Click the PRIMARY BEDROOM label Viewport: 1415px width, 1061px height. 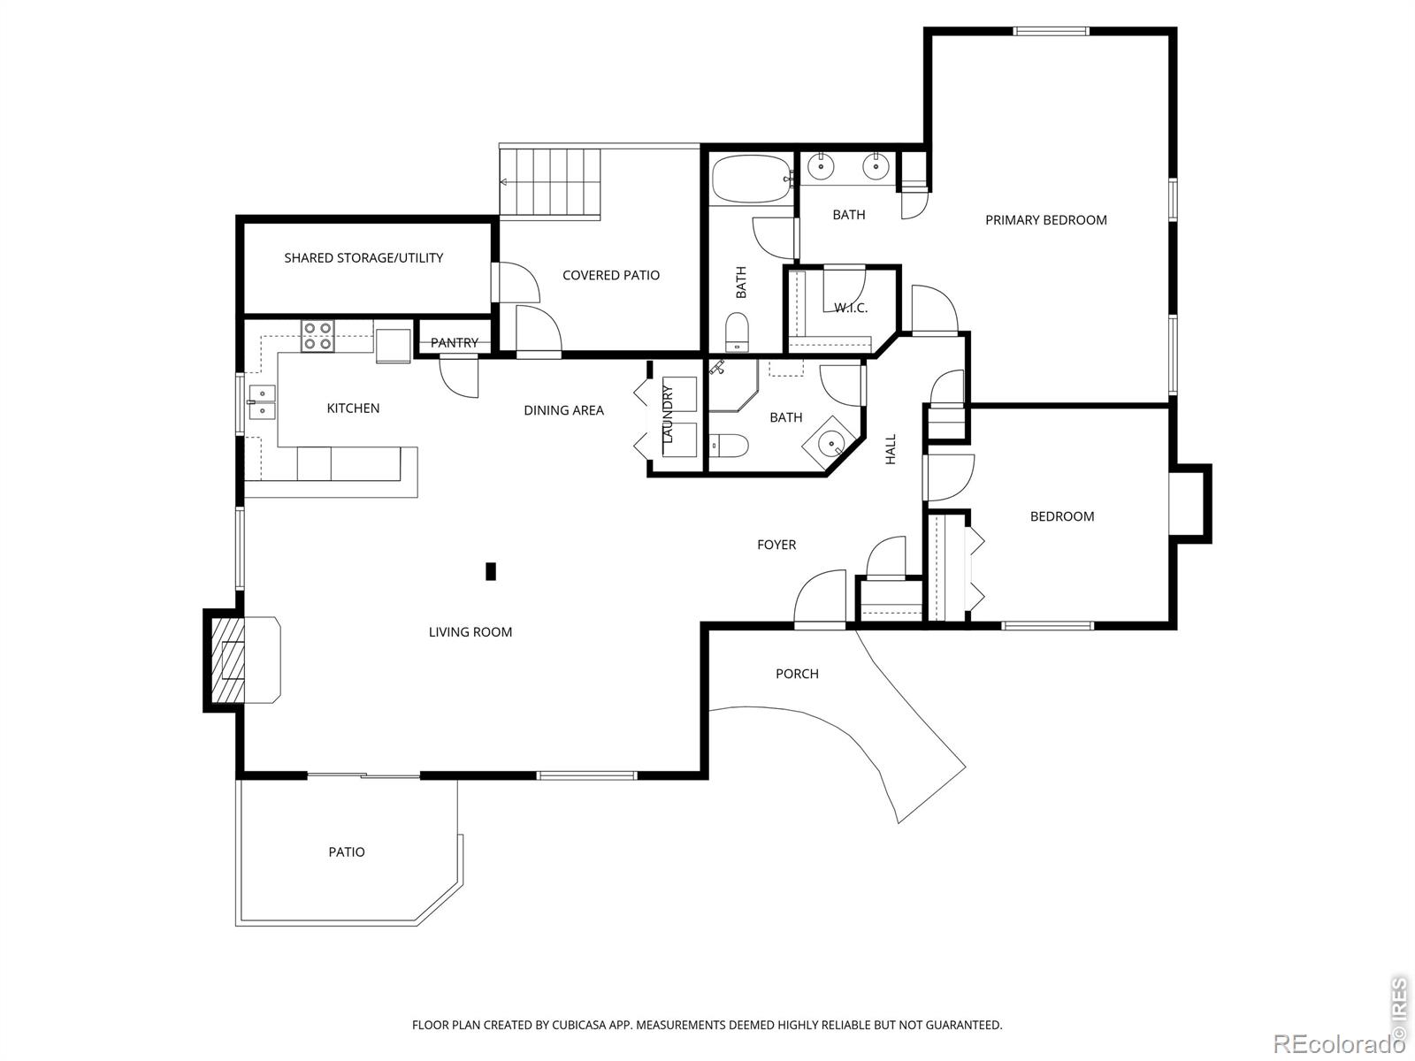pos(1045,220)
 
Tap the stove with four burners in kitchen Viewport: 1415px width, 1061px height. pos(317,336)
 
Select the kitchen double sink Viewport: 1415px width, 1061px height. pos(262,402)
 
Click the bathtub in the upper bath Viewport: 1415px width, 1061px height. pos(750,179)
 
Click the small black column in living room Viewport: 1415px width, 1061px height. pos(491,572)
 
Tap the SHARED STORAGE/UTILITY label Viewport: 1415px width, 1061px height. pos(363,258)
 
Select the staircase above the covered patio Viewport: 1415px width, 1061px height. pos(550,182)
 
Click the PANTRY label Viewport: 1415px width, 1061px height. pos(455,343)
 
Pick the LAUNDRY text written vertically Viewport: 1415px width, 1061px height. pos(668,415)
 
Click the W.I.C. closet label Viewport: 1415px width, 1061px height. pos(851,308)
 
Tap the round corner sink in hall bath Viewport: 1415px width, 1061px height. pos(831,445)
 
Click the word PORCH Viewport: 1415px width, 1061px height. pos(797,674)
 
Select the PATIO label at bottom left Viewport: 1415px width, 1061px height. pos(347,852)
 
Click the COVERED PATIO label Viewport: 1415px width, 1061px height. pos(611,276)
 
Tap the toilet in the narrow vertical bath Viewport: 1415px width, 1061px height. pos(737,332)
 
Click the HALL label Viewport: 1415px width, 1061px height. pos(891,449)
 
